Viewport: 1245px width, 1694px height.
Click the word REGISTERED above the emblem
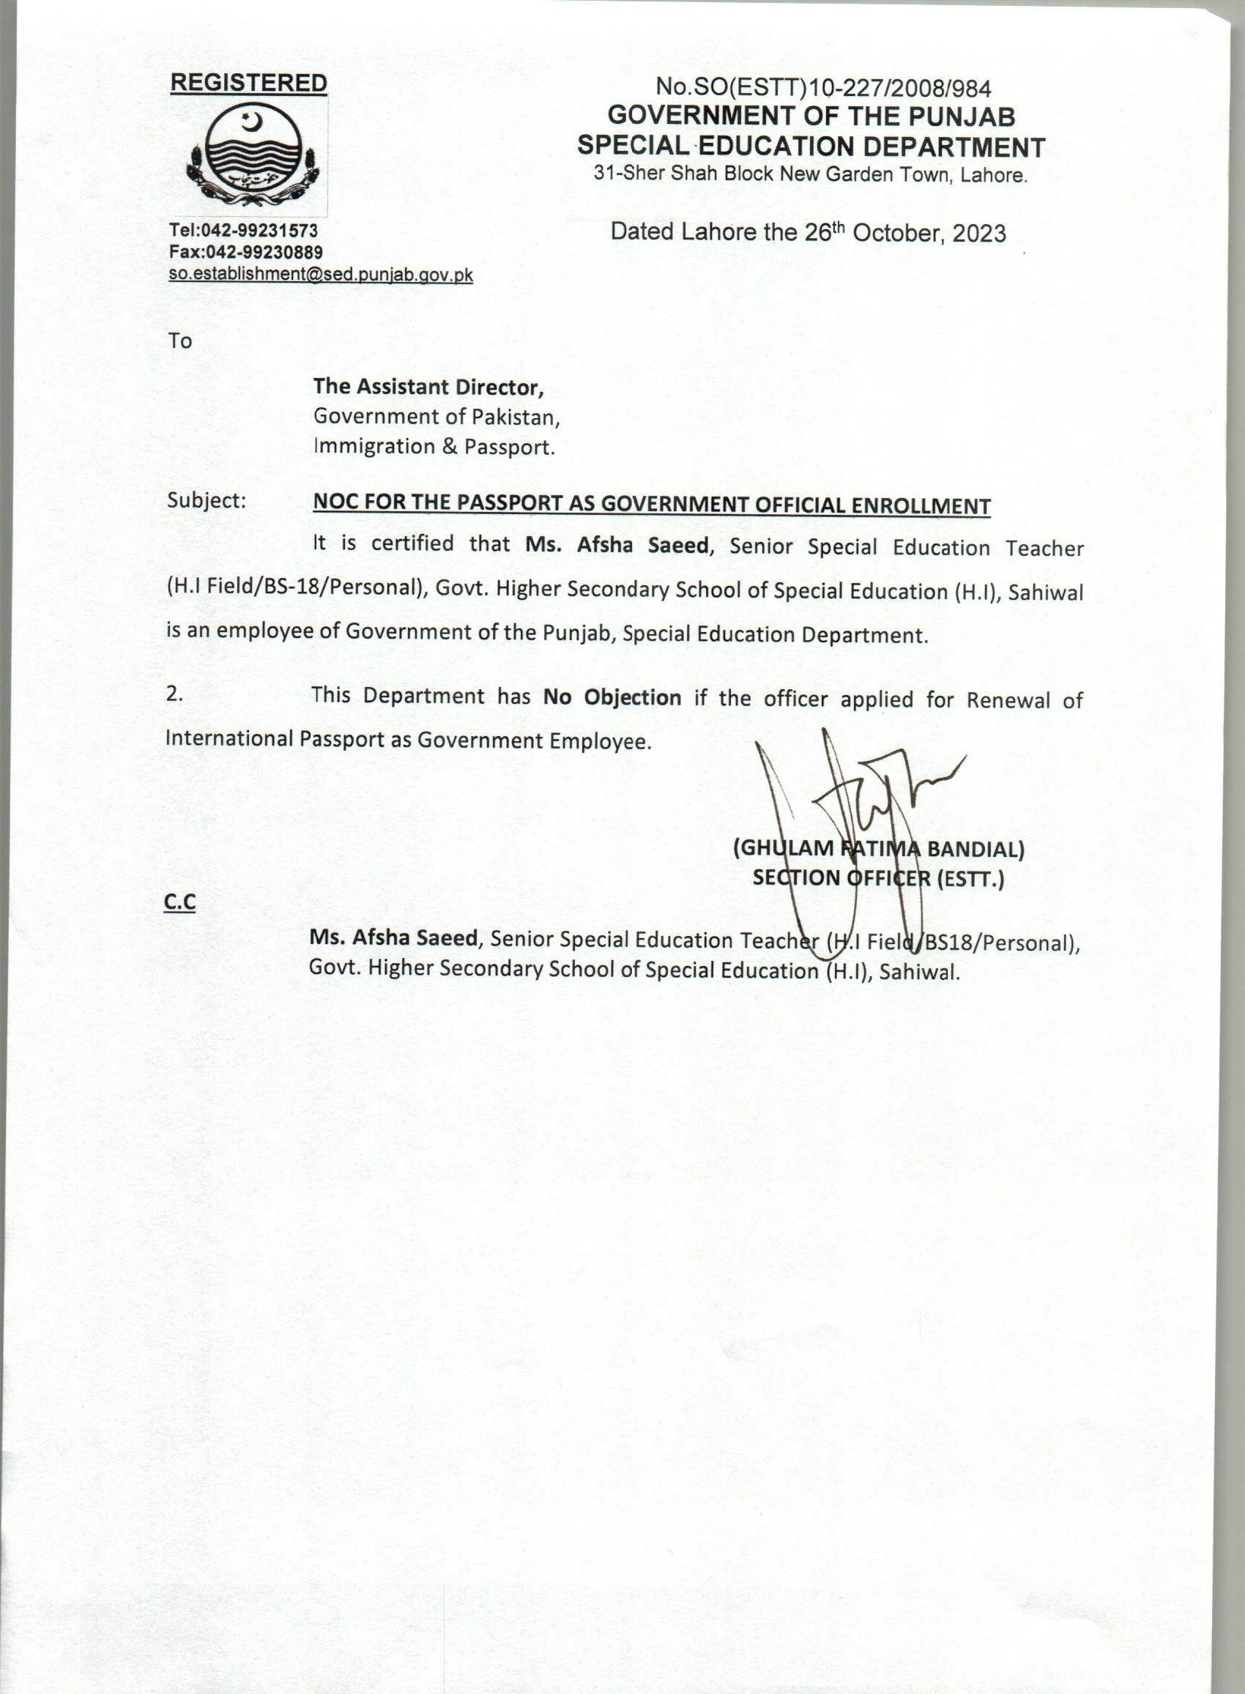[249, 83]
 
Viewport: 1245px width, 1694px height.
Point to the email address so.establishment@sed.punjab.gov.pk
[321, 275]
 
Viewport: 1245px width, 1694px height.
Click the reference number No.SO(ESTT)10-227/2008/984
[823, 89]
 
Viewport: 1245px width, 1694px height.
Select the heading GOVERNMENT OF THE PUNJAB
[811, 116]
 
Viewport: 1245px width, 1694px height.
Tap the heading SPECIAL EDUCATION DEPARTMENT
[811, 146]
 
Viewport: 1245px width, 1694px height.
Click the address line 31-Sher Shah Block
[810, 175]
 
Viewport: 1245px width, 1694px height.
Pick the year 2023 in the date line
[978, 234]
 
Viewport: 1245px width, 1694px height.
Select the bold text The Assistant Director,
[428, 387]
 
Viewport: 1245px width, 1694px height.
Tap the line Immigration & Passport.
[434, 447]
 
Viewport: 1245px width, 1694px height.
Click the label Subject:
[207, 501]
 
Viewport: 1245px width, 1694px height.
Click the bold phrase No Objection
[612, 698]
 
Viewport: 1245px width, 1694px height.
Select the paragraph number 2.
[174, 695]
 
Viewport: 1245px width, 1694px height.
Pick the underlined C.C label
[179, 903]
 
